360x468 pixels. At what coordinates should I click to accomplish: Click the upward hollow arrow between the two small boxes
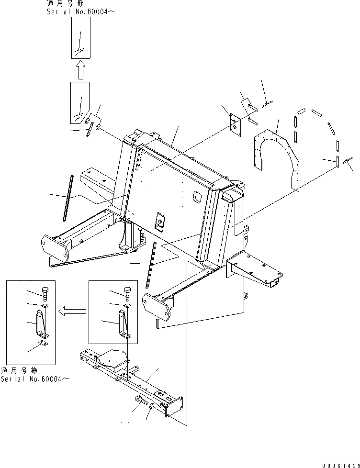[x=80, y=70]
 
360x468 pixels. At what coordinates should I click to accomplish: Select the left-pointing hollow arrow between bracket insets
[x=72, y=311]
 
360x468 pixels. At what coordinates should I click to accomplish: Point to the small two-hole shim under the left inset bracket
[x=44, y=342]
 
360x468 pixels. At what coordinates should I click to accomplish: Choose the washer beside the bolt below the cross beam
[x=152, y=406]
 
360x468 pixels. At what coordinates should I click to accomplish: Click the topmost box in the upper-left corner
[x=80, y=37]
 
